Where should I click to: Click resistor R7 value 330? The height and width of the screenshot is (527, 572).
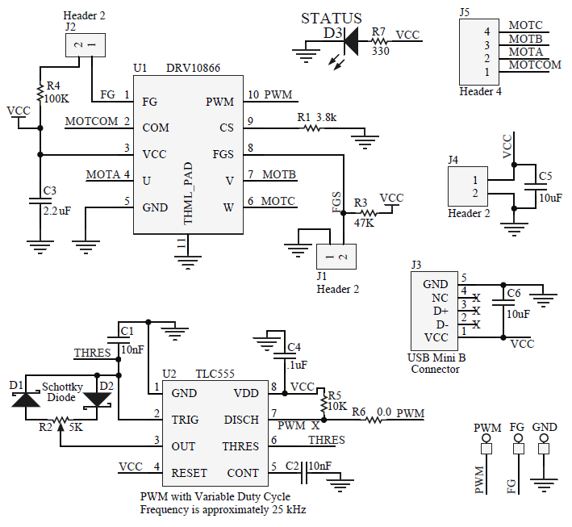point(381,50)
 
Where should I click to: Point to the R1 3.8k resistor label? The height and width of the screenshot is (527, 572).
point(316,117)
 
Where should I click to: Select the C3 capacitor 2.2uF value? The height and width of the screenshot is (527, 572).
point(56,210)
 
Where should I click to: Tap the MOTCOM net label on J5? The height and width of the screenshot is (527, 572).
point(535,64)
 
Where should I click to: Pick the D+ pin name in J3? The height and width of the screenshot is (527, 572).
point(440,311)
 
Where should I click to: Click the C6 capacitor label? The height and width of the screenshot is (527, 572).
point(513,292)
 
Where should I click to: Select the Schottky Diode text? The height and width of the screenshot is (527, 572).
point(61,392)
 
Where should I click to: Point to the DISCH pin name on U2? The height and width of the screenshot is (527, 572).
point(241,420)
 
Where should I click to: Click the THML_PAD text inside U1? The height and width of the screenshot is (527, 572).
point(188,193)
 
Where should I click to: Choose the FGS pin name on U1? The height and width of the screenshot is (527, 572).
point(223,153)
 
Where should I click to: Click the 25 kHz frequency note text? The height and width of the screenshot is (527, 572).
point(223,509)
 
